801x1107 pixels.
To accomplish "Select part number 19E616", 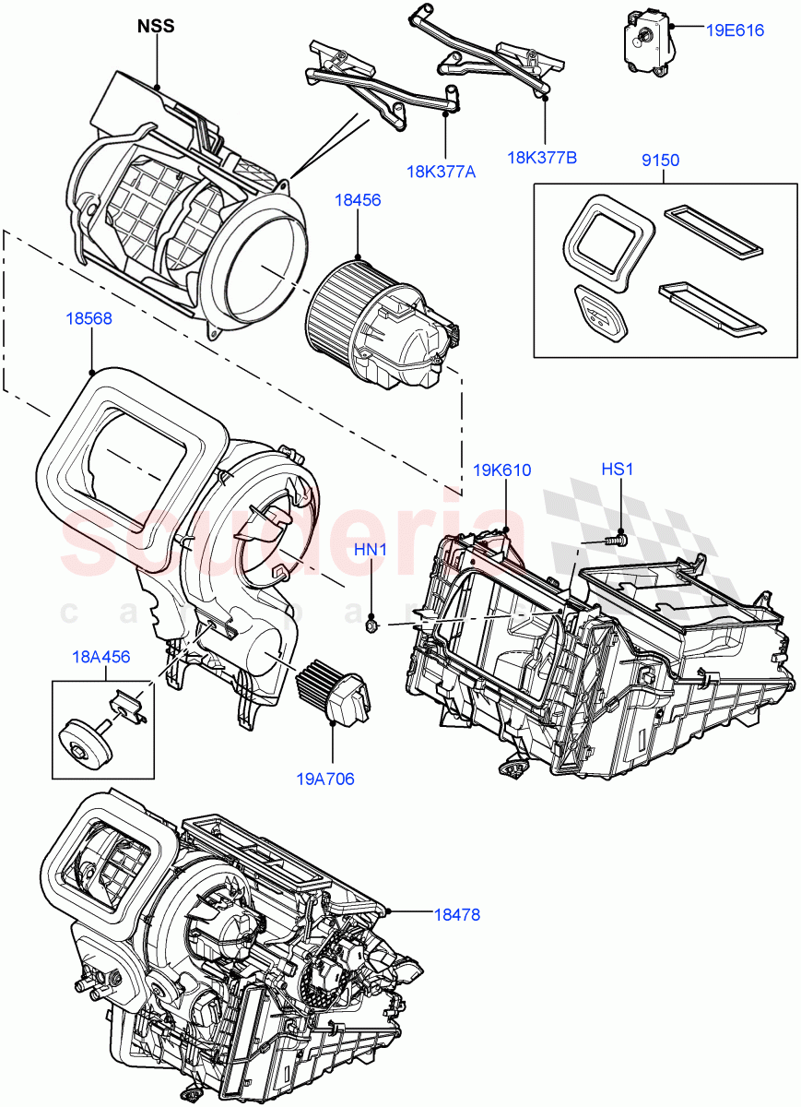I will pyautogui.click(x=735, y=30).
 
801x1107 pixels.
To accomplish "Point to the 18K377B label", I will pyautogui.click(x=541, y=157).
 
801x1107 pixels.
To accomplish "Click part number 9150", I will pyautogui.click(x=660, y=161).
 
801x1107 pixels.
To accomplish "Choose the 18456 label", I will pyautogui.click(x=358, y=199).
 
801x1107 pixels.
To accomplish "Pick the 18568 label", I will pyautogui.click(x=89, y=318).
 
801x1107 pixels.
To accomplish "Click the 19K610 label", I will pyautogui.click(x=504, y=470).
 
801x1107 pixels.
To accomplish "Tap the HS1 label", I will pyautogui.click(x=618, y=470).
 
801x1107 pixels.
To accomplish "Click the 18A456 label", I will pyautogui.click(x=101, y=657).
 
